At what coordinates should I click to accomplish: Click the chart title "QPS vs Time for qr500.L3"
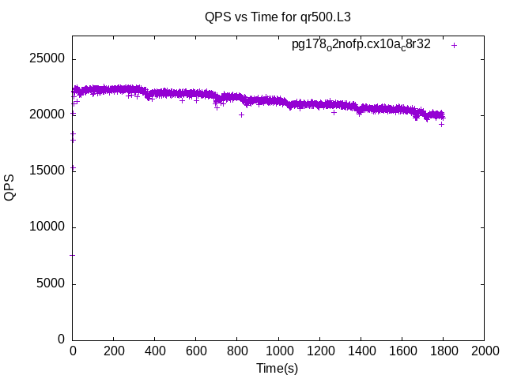tap(278, 16)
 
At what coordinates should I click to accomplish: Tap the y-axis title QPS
tap(9, 187)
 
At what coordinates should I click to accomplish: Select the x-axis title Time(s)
tap(278, 368)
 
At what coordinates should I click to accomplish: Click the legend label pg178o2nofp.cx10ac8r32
tap(361, 45)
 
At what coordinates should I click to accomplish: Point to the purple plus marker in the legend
tap(454, 45)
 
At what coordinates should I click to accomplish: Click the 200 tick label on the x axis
tap(114, 351)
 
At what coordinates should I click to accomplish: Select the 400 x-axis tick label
tap(155, 351)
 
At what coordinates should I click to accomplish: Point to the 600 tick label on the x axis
tap(196, 351)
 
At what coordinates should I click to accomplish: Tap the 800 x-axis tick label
tap(237, 351)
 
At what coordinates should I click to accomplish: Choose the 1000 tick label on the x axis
tap(278, 351)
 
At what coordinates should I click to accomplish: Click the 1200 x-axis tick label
tap(319, 351)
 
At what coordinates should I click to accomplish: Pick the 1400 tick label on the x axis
tap(361, 351)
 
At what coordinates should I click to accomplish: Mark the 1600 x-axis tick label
tap(402, 351)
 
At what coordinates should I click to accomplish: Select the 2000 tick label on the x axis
tap(484, 351)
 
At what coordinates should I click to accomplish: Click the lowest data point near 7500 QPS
tap(73, 255)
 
